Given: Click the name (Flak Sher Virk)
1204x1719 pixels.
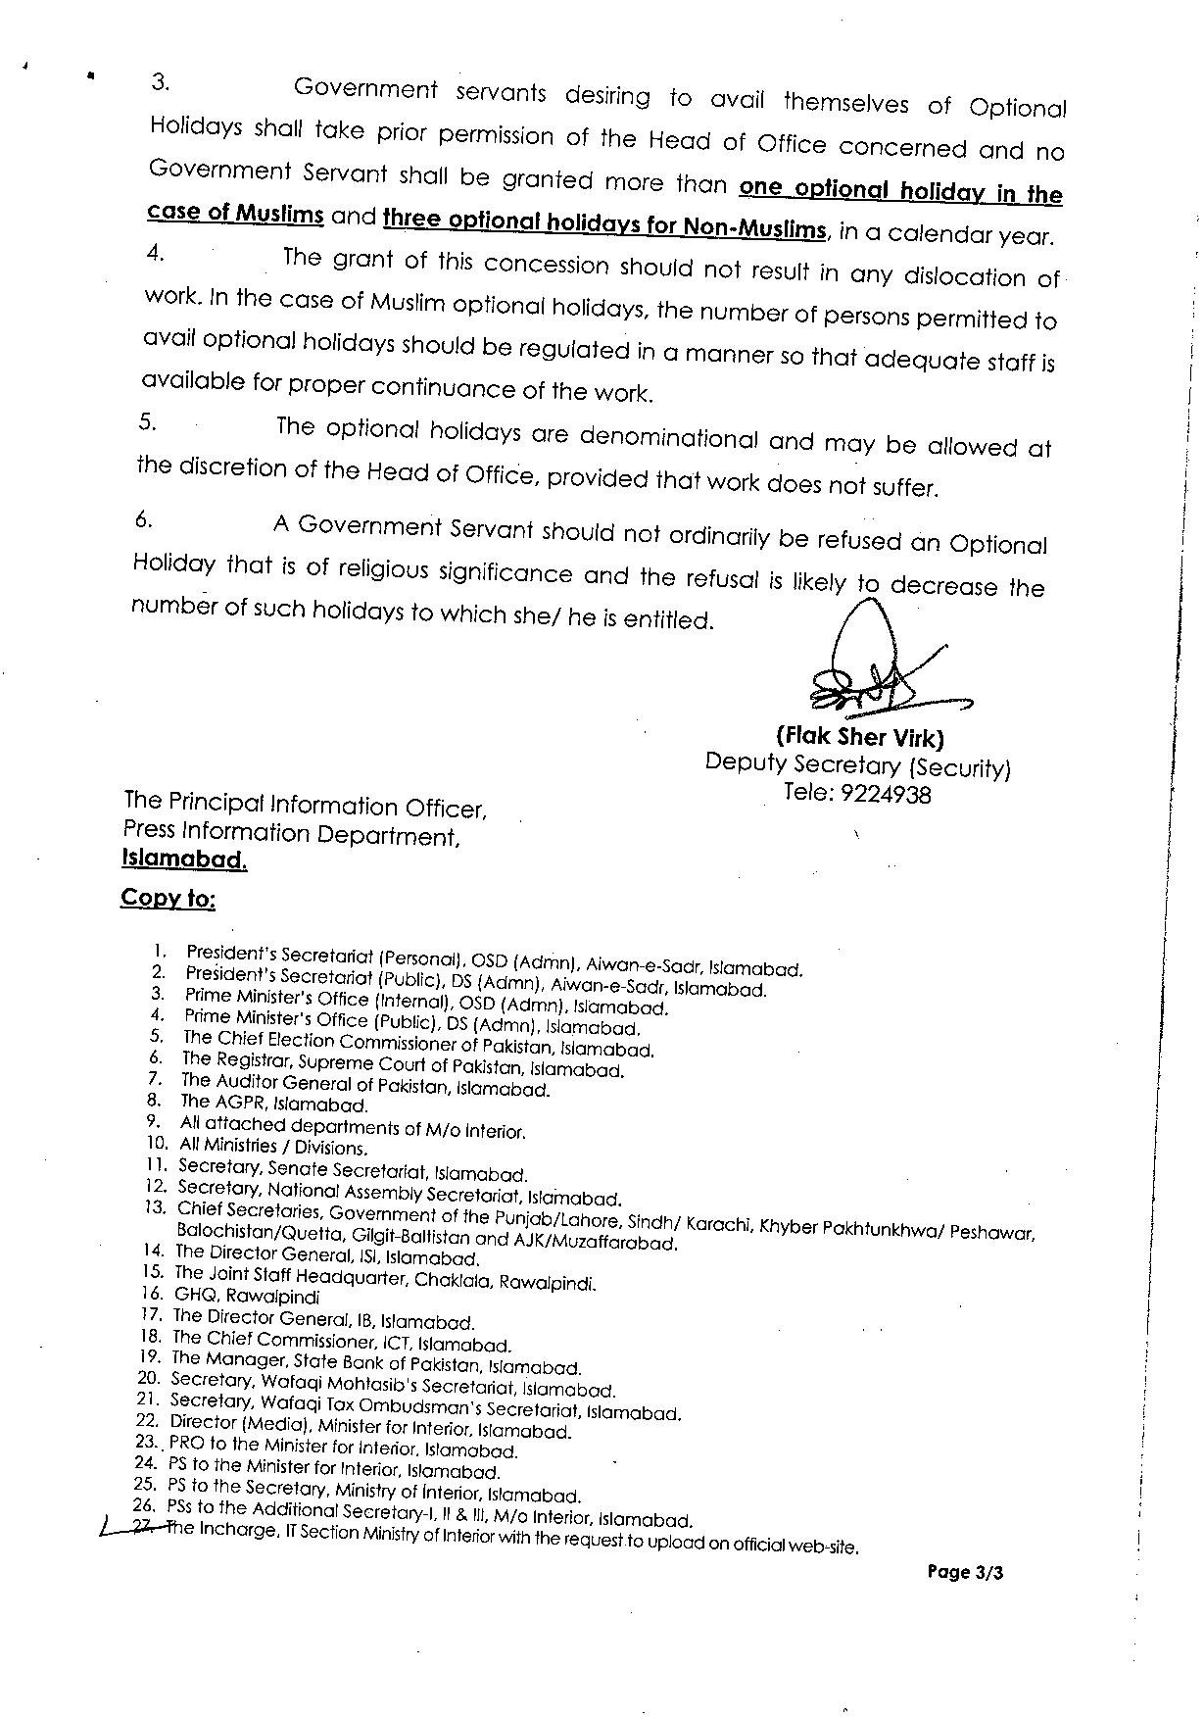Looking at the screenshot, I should coord(859,738).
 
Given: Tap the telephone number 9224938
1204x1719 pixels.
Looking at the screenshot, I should coord(885,795).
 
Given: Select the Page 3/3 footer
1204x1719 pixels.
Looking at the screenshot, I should coord(965,1573).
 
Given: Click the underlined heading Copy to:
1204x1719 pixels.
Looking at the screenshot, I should coord(168,898).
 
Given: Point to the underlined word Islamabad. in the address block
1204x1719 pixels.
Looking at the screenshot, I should coord(184,859).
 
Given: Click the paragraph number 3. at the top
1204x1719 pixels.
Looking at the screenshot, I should coord(161,82).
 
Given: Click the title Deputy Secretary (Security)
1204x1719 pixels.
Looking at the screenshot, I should coord(857,765).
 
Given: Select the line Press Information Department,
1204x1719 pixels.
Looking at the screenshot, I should coord(291,834).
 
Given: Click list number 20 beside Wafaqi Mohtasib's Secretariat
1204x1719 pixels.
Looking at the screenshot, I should coord(152,1377).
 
